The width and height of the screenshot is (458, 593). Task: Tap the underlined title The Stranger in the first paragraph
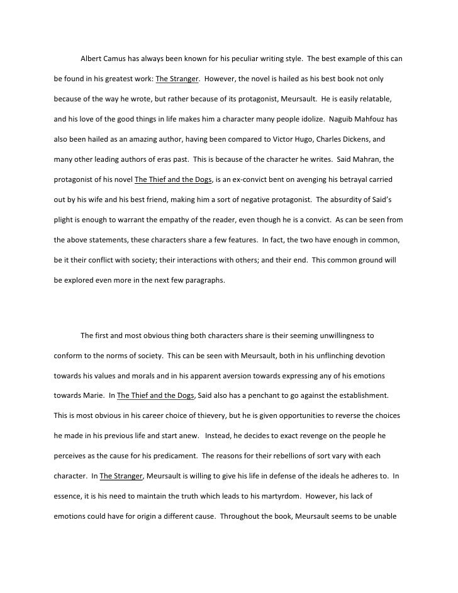coord(177,80)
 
